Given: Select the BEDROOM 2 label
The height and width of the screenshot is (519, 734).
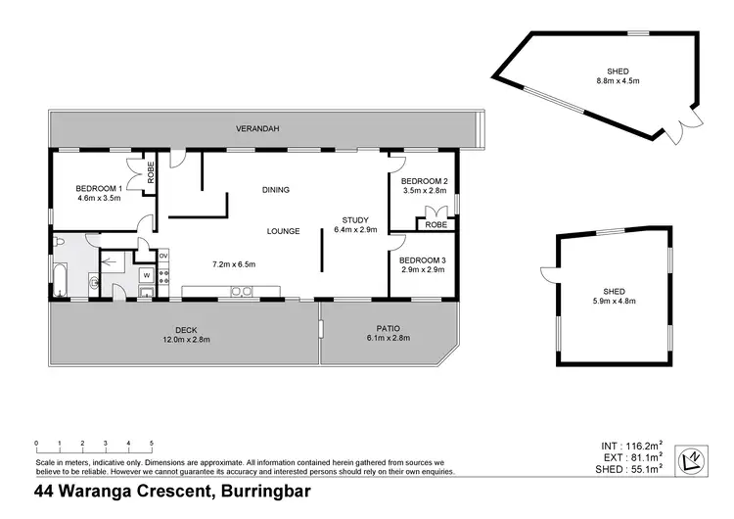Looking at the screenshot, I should pos(424,181).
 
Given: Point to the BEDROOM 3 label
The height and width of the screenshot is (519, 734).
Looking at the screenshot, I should pos(424,259).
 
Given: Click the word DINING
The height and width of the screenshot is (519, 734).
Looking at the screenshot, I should pos(275,189).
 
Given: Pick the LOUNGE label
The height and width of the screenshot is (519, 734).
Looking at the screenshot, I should pos(284,231).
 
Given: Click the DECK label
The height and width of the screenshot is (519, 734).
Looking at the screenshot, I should pos(186,329).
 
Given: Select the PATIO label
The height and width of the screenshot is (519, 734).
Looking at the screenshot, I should pos(389,328).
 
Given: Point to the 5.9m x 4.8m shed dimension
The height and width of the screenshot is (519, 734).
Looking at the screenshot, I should pos(614,301).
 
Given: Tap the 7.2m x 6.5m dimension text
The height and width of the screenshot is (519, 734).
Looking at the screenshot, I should pos(234,264).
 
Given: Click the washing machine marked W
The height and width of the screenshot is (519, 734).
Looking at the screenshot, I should pos(147,276).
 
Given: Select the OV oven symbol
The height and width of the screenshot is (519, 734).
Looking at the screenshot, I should pos(163,257).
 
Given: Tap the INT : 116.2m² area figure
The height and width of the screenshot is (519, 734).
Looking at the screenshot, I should pos(633,446).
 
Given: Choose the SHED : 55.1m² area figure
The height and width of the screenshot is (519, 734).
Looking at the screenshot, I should pos(629,470).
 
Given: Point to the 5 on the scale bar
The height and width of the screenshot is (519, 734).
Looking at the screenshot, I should pos(152,442).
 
